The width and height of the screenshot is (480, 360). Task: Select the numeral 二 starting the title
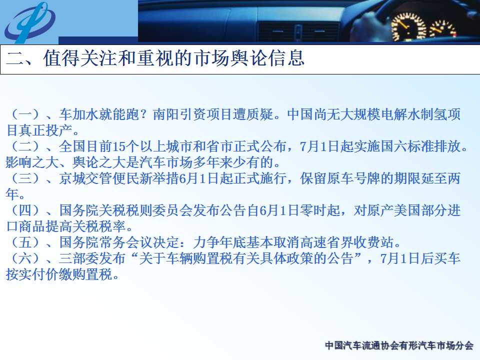click(15, 58)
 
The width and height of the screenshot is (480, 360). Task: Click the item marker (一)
click(25, 114)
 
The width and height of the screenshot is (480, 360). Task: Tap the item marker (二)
click(25, 146)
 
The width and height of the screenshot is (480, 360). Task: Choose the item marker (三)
click(25, 178)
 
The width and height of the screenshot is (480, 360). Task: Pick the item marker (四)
click(25, 210)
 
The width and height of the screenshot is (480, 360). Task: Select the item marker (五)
click(25, 242)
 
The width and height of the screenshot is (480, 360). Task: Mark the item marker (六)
click(25, 258)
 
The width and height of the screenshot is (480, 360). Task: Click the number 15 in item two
click(119, 146)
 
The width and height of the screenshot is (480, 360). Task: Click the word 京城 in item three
click(72, 178)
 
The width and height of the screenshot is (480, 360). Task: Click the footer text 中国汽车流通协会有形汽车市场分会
click(399, 345)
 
